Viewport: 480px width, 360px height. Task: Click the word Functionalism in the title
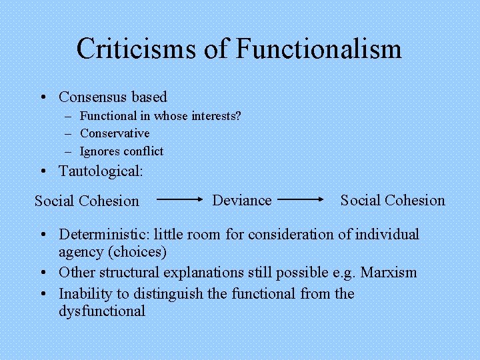[x=319, y=49]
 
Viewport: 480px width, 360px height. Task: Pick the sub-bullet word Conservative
[x=115, y=133]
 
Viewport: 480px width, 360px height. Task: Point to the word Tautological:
[x=101, y=171]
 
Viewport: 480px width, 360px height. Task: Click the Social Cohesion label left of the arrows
[x=87, y=201]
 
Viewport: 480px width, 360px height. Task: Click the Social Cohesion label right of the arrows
[x=393, y=200]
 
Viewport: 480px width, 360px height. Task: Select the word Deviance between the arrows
[x=242, y=200]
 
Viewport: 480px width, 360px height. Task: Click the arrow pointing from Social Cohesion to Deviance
[x=179, y=199]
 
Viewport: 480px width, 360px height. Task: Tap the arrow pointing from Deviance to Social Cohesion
[x=300, y=199]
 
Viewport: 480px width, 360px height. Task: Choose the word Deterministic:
[x=106, y=235]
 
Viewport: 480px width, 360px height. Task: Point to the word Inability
[x=85, y=294]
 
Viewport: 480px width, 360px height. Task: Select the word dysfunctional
[x=102, y=311]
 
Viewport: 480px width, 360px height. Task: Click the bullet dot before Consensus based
[x=43, y=98]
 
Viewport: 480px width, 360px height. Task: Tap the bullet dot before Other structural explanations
[x=43, y=273]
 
